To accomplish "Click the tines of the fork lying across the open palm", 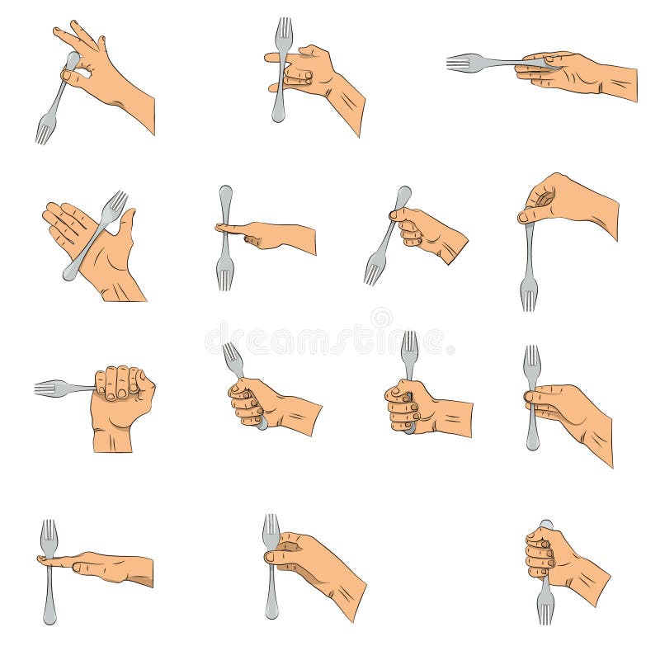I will pyautogui.click(x=115, y=203).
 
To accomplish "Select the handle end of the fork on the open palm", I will pyautogui.click(x=69, y=272).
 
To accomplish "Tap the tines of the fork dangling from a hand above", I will pyautogui.click(x=529, y=294).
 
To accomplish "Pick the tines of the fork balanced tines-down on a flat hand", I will pyautogui.click(x=224, y=273).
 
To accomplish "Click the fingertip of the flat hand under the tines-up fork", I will pyautogui.click(x=42, y=560).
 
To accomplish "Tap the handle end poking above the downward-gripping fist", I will pyautogui.click(x=546, y=525).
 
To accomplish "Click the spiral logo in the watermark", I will pyautogui.click(x=381, y=317).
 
